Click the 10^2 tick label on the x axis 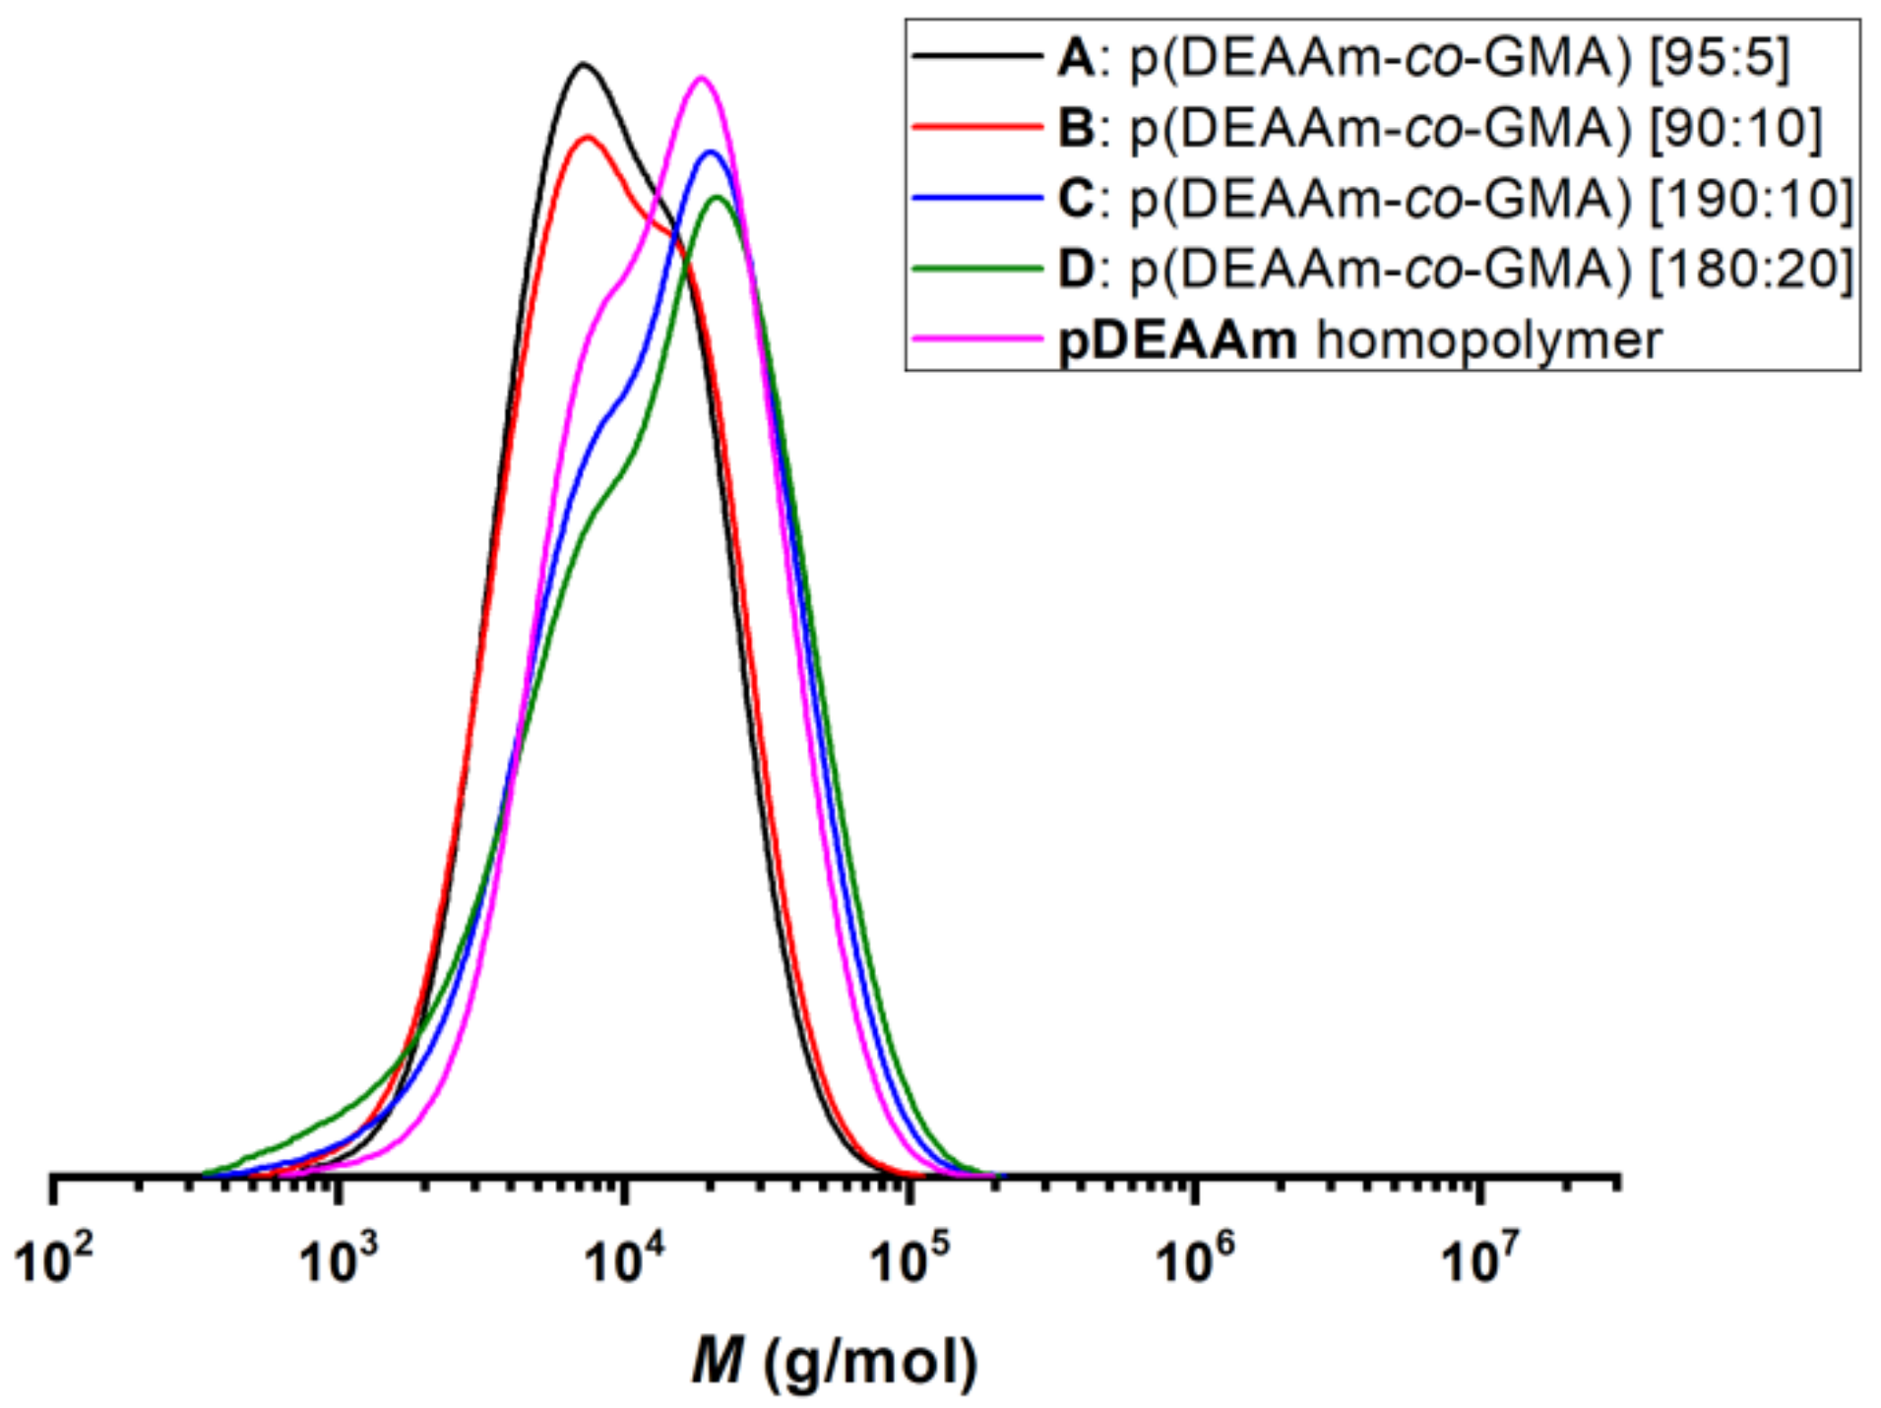(54, 1258)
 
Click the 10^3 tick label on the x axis (339, 1258)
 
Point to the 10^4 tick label (624, 1258)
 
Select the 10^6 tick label (1194, 1258)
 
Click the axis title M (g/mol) (834, 1363)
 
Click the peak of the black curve (584, 65)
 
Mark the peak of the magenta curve (701, 77)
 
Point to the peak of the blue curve (710, 152)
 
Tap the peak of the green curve (718, 198)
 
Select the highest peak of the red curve (588, 137)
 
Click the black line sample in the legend (975, 57)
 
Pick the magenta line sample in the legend (975, 339)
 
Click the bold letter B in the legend (1075, 128)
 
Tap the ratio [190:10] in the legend (1751, 199)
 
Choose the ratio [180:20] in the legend (1751, 269)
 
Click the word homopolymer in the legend (1488, 341)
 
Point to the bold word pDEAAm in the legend (1177, 341)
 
